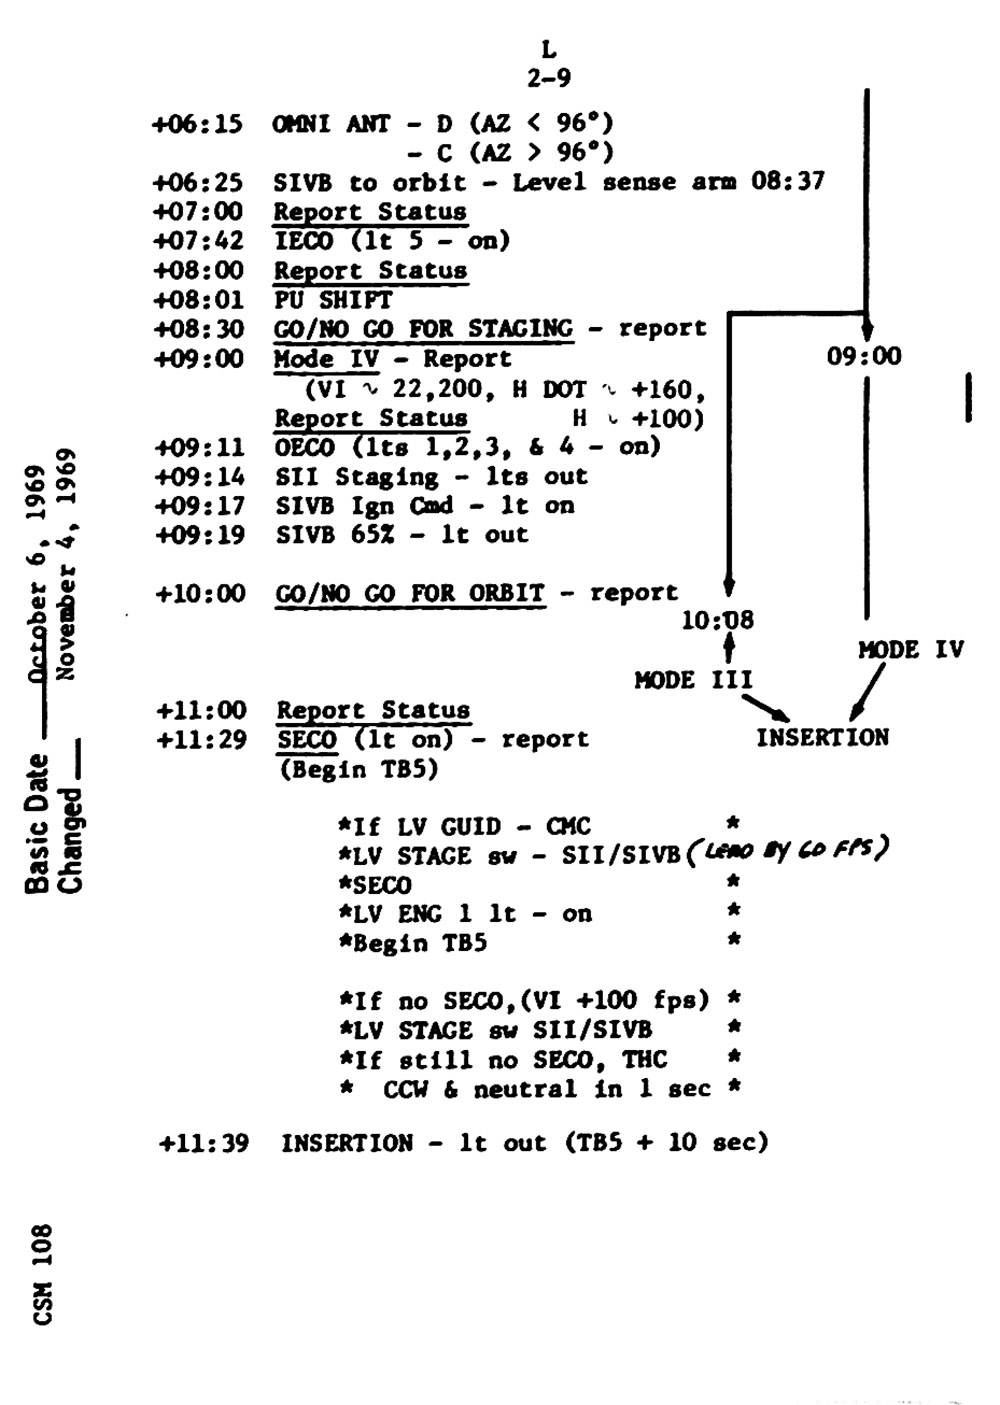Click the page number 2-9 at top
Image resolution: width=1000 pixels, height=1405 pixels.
click(x=549, y=78)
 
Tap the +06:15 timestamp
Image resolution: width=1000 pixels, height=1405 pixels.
click(x=197, y=124)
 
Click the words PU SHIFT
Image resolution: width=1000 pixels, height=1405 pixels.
click(x=333, y=299)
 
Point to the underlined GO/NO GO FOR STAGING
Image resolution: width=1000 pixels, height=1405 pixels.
click(x=424, y=328)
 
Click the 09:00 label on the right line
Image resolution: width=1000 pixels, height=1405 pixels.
click(x=864, y=356)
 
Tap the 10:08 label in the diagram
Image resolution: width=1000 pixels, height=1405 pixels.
click(x=717, y=621)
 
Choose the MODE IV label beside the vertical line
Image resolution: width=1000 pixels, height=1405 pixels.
click(x=910, y=650)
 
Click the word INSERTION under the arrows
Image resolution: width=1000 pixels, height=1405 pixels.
click(x=822, y=738)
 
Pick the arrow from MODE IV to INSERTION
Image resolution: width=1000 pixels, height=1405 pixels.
click(x=866, y=692)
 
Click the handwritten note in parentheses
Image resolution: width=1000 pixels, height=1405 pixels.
click(x=788, y=850)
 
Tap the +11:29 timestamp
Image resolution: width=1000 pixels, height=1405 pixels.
click(x=201, y=740)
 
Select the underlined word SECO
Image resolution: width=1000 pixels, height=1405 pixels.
click(x=307, y=740)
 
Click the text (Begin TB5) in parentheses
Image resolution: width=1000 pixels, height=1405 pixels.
click(x=357, y=769)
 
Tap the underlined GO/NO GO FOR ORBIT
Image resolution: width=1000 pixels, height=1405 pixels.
click(x=410, y=593)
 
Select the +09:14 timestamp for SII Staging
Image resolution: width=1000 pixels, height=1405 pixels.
click(x=200, y=477)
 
